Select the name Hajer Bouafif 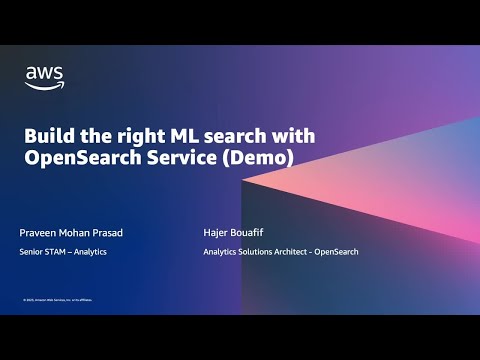[231, 232]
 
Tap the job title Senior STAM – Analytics [63, 252]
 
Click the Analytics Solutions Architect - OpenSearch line [280, 252]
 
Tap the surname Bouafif [244, 232]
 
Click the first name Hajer [213, 232]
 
